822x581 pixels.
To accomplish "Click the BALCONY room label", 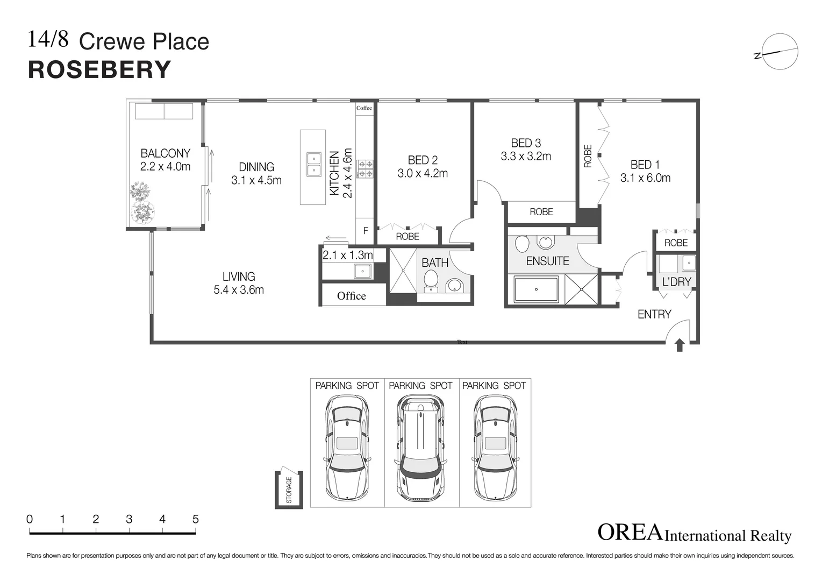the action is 165,153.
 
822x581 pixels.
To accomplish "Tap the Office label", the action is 351,296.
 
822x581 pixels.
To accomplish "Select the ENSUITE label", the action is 547,261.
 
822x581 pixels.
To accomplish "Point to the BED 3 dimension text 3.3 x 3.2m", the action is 526,156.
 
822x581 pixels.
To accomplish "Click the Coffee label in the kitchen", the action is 364,108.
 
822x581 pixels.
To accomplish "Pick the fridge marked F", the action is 366,231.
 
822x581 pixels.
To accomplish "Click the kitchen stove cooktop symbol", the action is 366,169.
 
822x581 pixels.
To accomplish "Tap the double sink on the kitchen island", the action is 314,164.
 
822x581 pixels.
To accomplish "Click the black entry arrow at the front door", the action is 679,345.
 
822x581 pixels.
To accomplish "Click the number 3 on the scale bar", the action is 129,519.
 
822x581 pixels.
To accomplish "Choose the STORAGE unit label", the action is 289,490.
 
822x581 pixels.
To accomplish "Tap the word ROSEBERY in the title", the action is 99,70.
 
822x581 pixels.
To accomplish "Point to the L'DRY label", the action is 676,282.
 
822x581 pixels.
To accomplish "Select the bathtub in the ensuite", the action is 536,289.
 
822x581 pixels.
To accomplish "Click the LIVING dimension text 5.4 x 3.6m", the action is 239,290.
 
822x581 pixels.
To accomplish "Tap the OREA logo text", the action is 630,532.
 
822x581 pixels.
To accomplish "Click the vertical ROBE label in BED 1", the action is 588,156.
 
